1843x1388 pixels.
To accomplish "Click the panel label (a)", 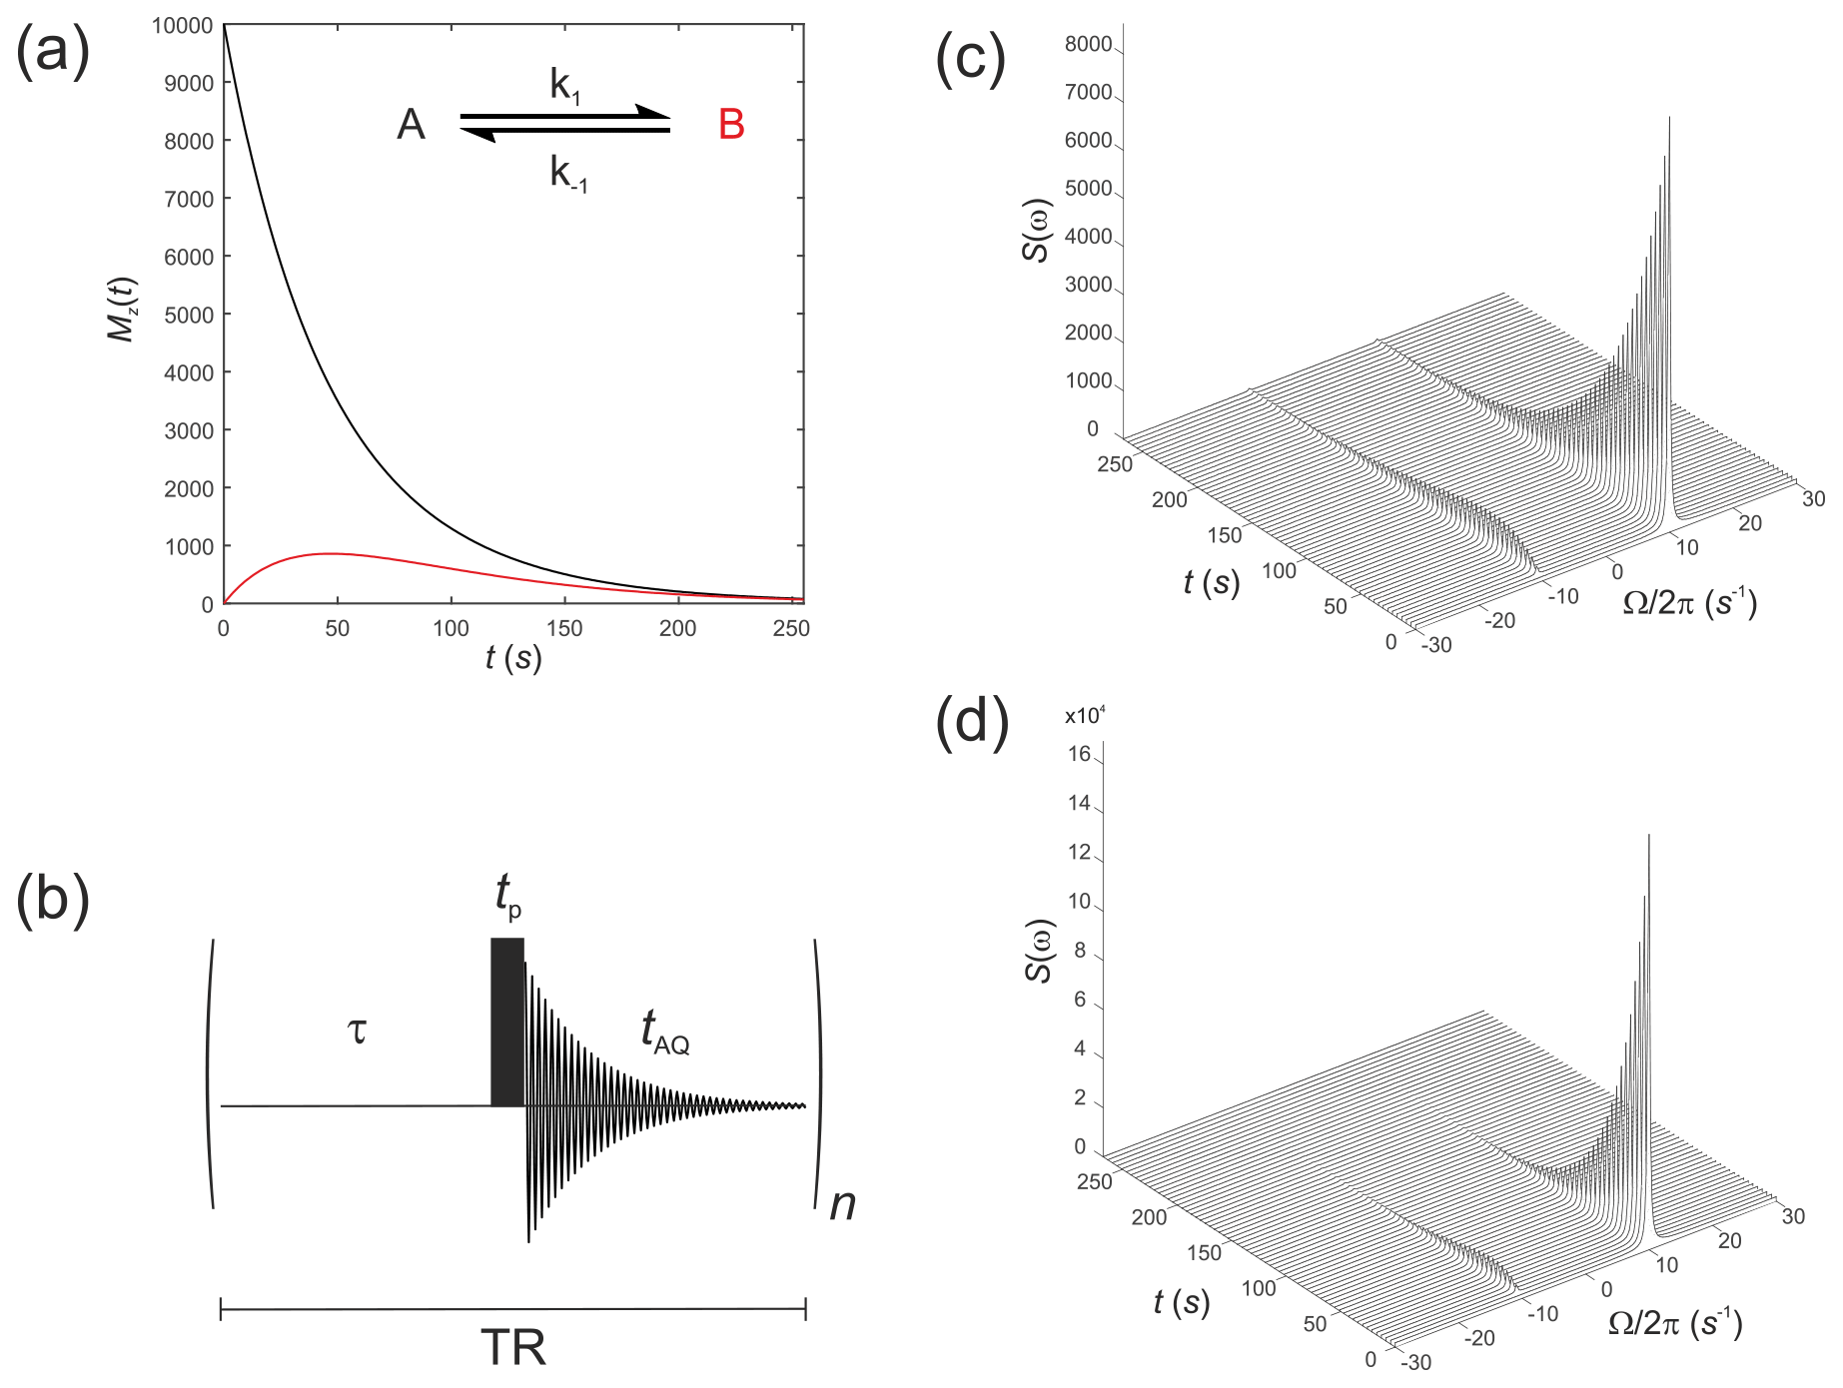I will [x=53, y=52].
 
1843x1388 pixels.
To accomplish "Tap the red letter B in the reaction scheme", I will [x=731, y=125].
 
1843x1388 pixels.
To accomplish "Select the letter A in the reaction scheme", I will [x=412, y=125].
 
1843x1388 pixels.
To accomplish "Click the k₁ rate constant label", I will [x=564, y=86].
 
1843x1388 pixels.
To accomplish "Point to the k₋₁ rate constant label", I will [x=568, y=174].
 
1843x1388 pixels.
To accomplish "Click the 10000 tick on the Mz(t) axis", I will [x=182, y=25].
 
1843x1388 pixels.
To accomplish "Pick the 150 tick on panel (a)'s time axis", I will [x=564, y=628].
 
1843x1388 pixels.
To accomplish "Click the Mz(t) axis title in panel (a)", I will [x=122, y=310].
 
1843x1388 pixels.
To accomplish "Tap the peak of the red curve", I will [x=332, y=553].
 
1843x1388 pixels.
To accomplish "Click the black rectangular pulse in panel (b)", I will [x=507, y=1022].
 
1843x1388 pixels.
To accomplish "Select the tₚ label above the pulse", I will [x=507, y=894].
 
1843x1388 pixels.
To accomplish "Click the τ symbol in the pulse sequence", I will [x=357, y=1030].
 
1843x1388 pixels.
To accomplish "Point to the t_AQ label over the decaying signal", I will [x=664, y=1031].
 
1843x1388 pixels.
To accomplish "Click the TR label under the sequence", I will [x=513, y=1348].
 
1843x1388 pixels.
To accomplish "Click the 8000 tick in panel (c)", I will [x=1088, y=44].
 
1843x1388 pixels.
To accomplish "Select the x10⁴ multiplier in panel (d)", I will [x=1085, y=716].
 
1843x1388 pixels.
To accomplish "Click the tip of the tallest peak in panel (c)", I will [x=1669, y=118].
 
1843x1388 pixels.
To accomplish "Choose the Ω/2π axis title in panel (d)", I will [x=1675, y=1323].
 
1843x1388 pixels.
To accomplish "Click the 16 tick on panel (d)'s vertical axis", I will [x=1079, y=754].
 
